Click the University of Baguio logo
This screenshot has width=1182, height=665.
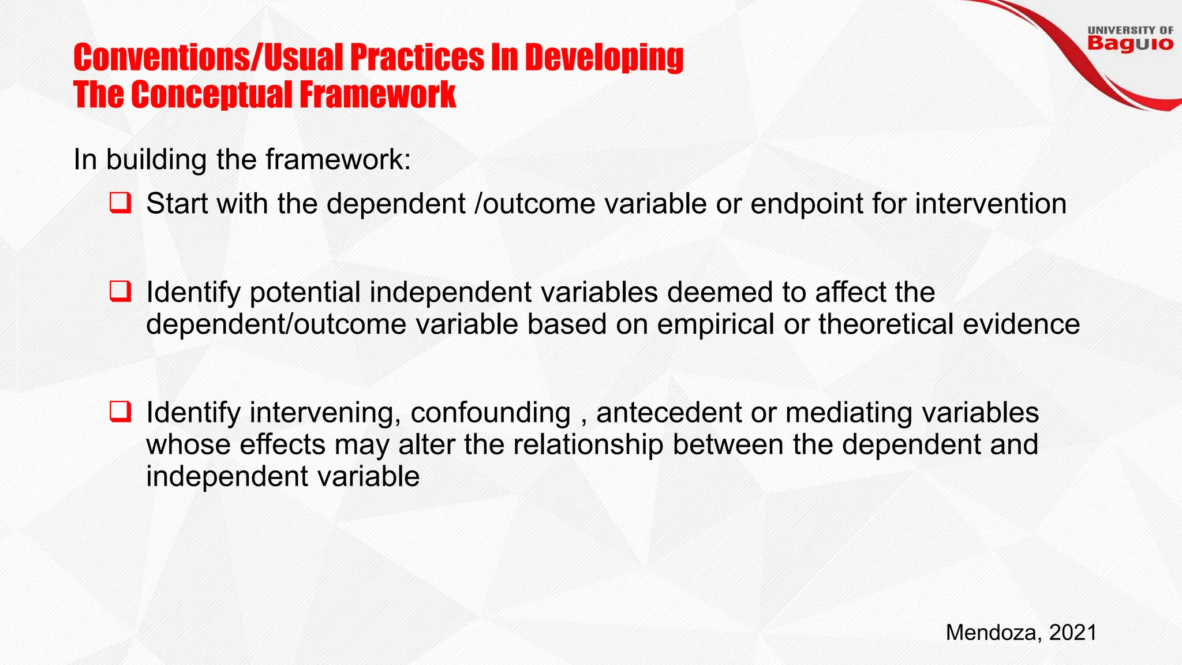[x=1130, y=39]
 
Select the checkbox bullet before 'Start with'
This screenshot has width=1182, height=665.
[x=120, y=203]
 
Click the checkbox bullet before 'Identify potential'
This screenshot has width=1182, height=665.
[x=120, y=292]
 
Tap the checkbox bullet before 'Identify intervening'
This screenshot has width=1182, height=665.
[x=120, y=412]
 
